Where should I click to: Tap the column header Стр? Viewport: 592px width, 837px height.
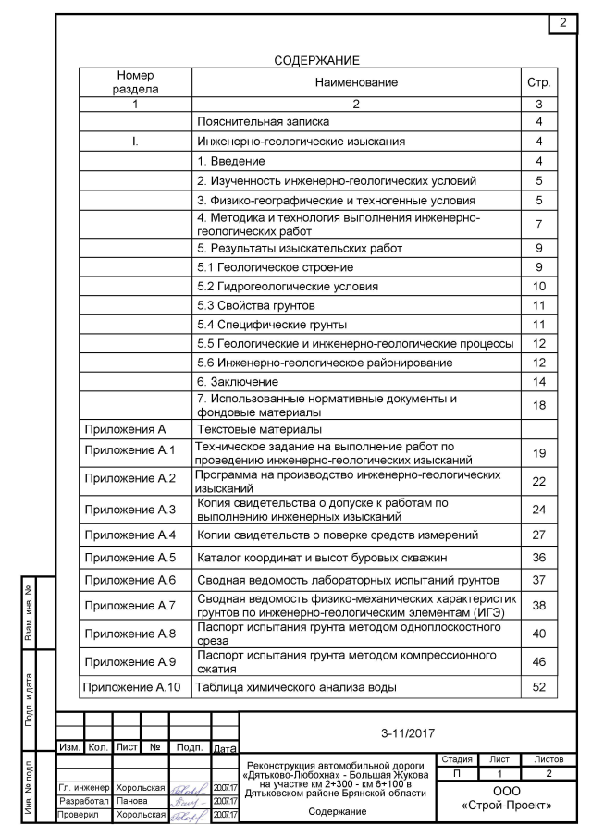pyautogui.click(x=539, y=83)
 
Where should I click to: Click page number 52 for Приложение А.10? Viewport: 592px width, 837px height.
pyautogui.click(x=539, y=687)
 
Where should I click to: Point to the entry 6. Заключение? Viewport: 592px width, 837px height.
pyautogui.click(x=238, y=381)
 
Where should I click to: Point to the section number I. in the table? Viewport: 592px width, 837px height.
pyautogui.click(x=136, y=142)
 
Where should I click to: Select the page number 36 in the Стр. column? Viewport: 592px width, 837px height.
pyautogui.click(x=539, y=558)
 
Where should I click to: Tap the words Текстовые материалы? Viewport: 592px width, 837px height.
pyautogui.click(x=258, y=430)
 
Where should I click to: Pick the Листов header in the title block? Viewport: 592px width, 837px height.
pyautogui.click(x=549, y=758)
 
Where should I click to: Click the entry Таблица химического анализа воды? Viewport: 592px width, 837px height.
pyautogui.click(x=298, y=687)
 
